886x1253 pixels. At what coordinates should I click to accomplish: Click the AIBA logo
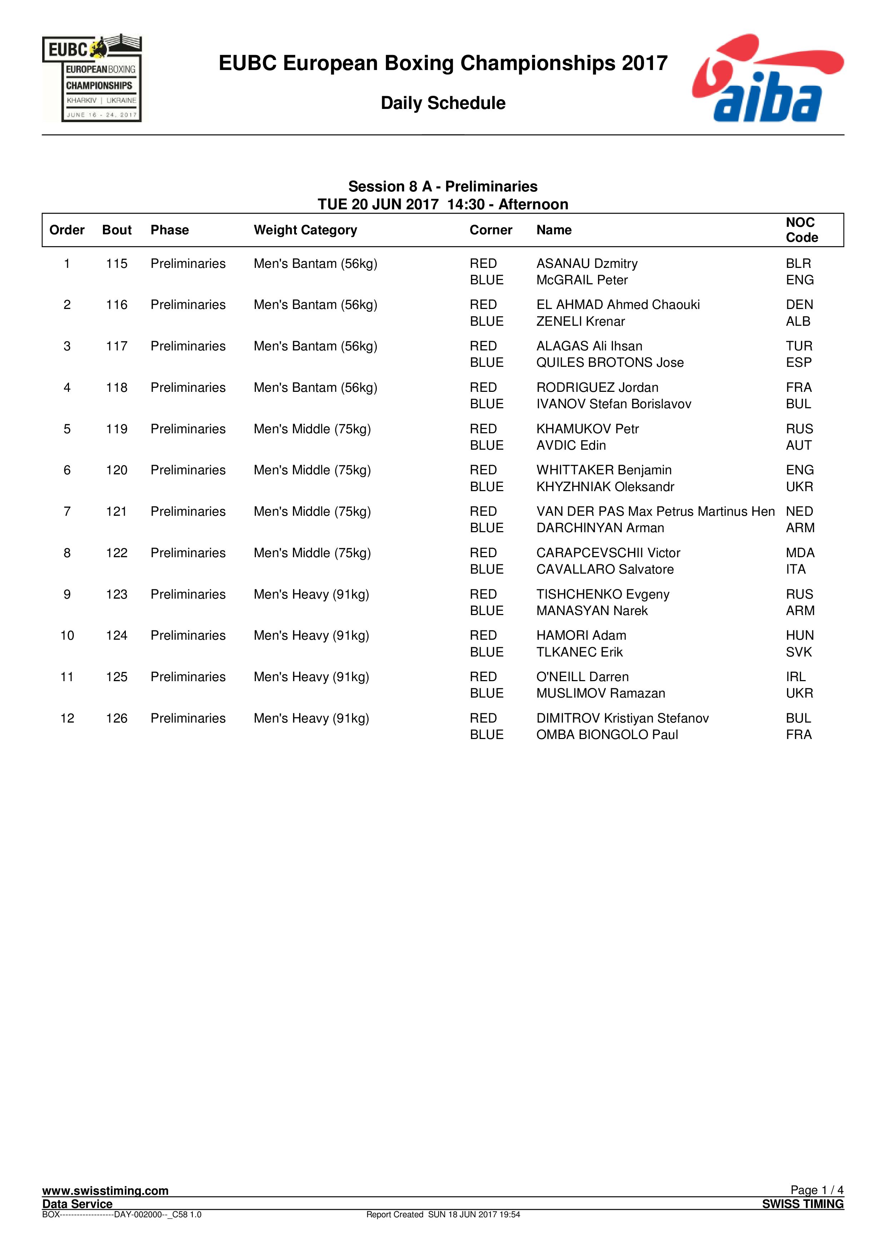click(767, 78)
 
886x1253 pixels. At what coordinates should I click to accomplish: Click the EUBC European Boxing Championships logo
click(92, 78)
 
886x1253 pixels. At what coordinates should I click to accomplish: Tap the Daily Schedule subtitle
click(443, 103)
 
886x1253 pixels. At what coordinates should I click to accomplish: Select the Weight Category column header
click(305, 230)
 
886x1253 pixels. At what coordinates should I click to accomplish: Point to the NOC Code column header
click(801, 230)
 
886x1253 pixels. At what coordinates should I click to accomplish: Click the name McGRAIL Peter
click(582, 280)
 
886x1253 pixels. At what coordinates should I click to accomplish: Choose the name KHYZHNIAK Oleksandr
click(605, 487)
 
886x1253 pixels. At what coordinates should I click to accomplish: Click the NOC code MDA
click(800, 553)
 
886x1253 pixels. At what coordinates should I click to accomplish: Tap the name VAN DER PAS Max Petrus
click(655, 511)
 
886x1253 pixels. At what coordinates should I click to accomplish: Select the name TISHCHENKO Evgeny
click(603, 594)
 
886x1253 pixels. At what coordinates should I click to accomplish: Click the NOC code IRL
click(795, 677)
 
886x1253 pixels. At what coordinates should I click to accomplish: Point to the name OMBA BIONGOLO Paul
click(607, 735)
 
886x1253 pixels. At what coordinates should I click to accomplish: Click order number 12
click(67, 718)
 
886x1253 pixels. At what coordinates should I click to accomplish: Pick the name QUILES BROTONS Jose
click(610, 363)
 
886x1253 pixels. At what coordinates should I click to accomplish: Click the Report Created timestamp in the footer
click(443, 1214)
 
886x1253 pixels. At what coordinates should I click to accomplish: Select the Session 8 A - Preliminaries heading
click(443, 187)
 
